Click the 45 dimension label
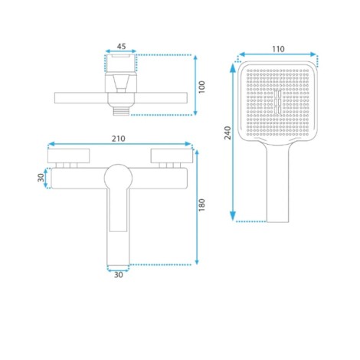click(x=121, y=47)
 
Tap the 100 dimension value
click(x=201, y=87)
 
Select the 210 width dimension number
click(x=119, y=139)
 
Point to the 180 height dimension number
click(x=201, y=205)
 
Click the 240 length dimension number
click(x=227, y=133)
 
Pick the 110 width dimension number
click(x=278, y=49)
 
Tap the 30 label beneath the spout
click(x=118, y=275)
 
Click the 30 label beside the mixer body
click(x=41, y=178)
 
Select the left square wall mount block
click(x=69, y=155)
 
